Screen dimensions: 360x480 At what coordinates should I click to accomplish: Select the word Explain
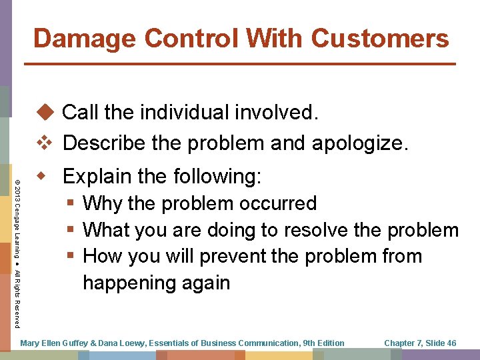click(x=97, y=177)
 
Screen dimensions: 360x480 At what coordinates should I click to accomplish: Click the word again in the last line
click(x=205, y=283)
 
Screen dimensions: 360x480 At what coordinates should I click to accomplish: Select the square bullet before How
click(x=71, y=256)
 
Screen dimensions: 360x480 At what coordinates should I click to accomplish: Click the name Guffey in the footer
click(x=74, y=343)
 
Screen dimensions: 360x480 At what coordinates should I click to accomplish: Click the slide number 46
click(x=451, y=343)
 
